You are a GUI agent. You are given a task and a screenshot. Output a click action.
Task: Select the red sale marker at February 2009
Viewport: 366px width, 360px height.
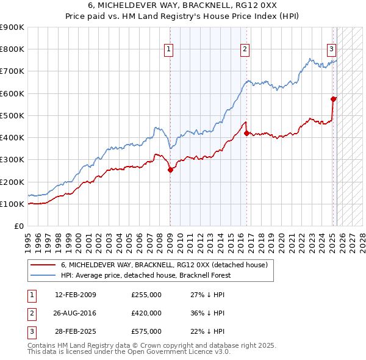[x=170, y=170]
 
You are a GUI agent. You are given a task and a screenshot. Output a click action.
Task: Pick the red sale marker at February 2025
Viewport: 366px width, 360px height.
[x=333, y=99]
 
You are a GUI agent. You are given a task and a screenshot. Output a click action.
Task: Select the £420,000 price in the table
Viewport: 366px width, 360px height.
[x=146, y=313]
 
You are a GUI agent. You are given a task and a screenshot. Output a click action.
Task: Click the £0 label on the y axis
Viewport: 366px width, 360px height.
[x=18, y=226]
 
